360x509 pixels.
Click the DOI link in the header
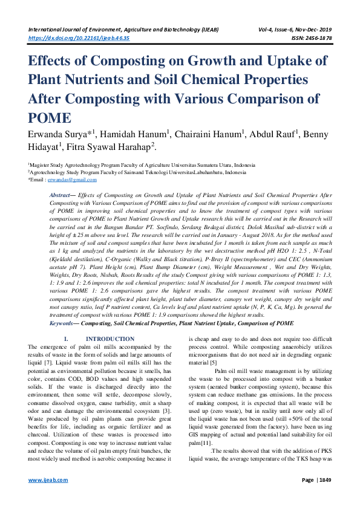click(x=79, y=37)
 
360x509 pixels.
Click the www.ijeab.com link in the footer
click(x=48, y=496)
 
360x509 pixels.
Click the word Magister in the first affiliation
click(x=41, y=164)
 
